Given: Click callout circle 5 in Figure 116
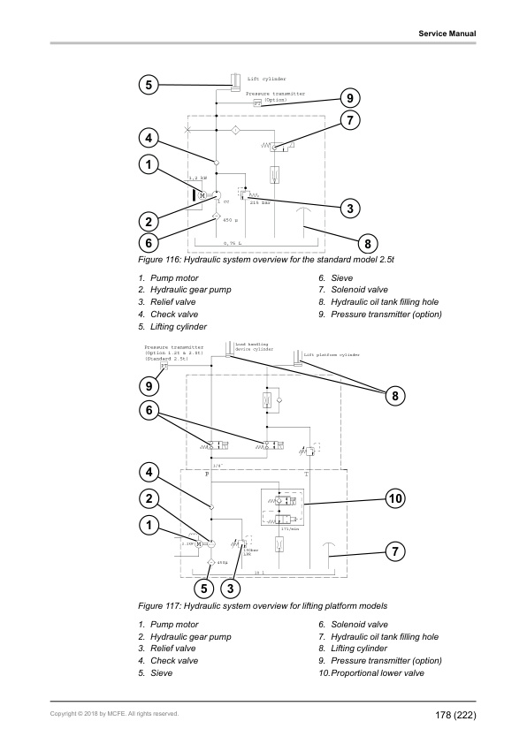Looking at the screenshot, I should (x=149, y=85).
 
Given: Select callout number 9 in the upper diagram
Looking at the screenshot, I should (x=350, y=97).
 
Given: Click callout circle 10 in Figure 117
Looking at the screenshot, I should (x=395, y=498).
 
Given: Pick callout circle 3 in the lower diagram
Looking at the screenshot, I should (x=230, y=588).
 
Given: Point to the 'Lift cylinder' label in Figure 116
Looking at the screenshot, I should (x=266, y=79).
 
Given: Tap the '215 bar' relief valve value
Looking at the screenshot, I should (x=259, y=203).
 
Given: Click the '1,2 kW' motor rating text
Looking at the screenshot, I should (x=198, y=178).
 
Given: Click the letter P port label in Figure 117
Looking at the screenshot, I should (x=207, y=474).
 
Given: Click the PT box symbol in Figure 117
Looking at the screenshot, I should (x=164, y=365).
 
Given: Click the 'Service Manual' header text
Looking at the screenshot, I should (x=447, y=34).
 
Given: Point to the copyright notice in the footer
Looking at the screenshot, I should (x=114, y=714).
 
